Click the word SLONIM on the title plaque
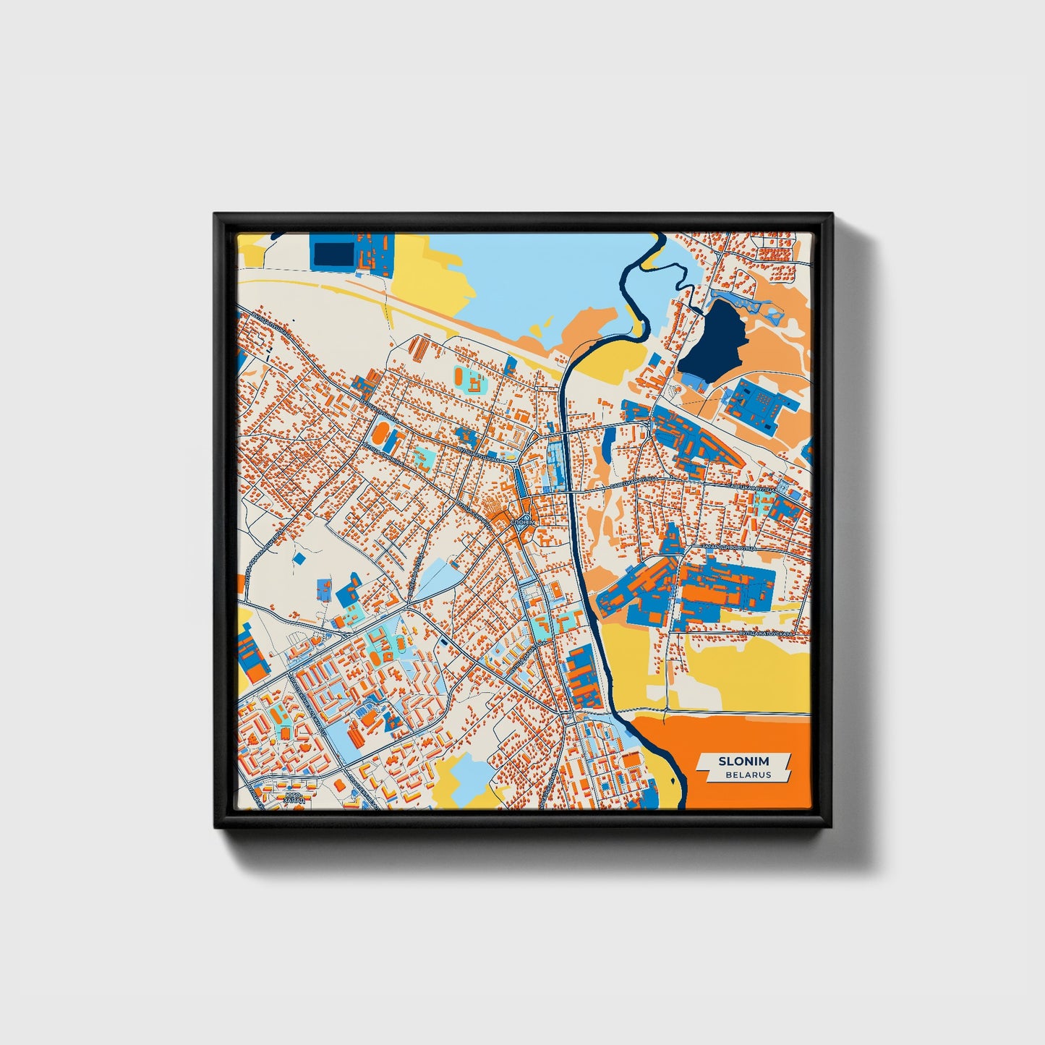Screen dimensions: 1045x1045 click(743, 761)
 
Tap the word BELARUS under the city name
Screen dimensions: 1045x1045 click(748, 775)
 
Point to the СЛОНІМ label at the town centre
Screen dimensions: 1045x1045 click(522, 521)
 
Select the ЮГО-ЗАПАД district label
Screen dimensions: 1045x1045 click(294, 797)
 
